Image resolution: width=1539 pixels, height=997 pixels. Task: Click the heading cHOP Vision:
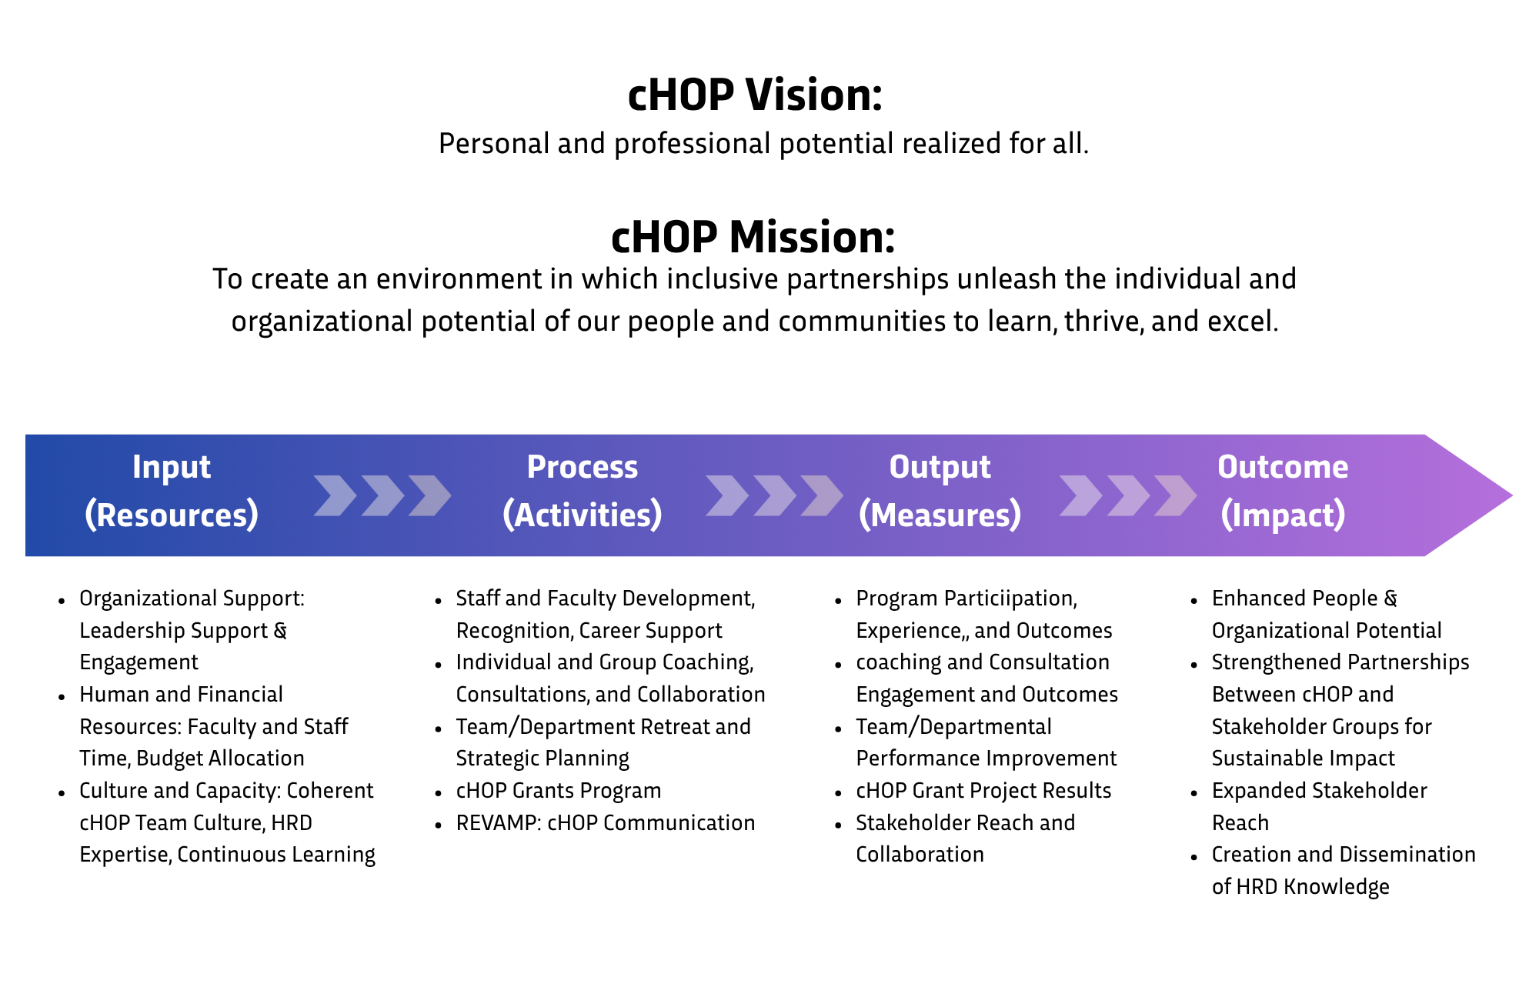755,95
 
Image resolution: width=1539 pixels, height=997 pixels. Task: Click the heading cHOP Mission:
753,237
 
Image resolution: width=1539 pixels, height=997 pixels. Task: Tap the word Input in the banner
171,467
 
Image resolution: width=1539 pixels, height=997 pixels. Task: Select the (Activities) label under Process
582,515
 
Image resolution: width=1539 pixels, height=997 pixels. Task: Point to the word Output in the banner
940,467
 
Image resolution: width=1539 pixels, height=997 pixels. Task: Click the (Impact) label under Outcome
1283,515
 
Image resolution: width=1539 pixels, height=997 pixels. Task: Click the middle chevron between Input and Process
382,495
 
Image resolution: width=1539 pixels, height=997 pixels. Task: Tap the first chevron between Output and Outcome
1080,495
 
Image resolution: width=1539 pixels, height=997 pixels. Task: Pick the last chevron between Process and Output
822,495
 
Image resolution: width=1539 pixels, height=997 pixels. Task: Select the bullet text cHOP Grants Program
558,791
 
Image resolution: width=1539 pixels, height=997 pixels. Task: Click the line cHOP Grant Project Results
983,791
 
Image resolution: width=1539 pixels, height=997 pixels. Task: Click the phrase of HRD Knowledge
1300,887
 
